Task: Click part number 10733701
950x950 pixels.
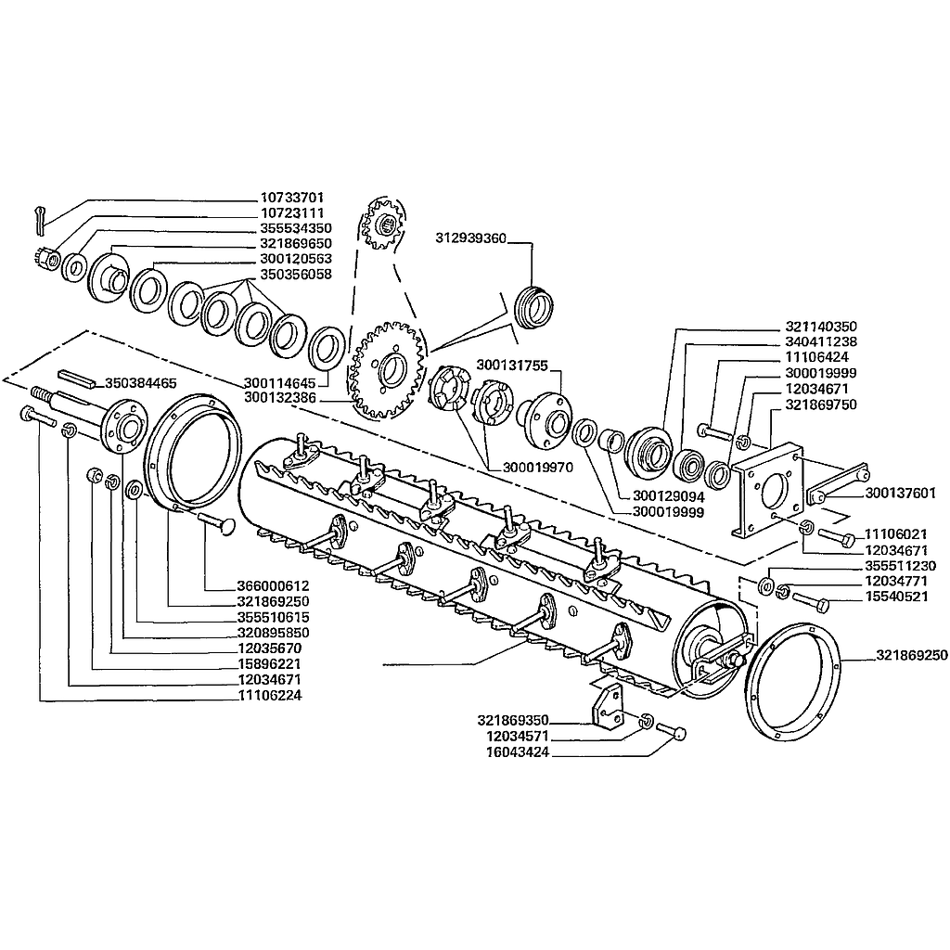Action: point(292,198)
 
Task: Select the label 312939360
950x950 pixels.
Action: point(470,238)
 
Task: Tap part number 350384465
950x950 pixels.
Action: point(141,383)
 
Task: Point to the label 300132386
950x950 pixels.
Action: point(280,398)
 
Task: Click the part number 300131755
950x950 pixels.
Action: point(512,366)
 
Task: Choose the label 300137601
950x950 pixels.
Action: point(900,494)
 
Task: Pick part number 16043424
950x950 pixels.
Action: point(518,752)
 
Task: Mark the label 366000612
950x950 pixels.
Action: point(274,586)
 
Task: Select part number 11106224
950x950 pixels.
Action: point(270,696)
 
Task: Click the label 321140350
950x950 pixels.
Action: point(821,327)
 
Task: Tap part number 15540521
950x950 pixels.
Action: point(896,597)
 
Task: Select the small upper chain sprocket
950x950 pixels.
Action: point(381,225)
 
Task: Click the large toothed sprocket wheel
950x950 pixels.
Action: point(387,370)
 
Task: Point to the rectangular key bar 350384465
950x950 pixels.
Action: point(76,379)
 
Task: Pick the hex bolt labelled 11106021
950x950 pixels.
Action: point(837,536)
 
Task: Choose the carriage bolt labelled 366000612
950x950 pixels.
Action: point(217,523)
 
